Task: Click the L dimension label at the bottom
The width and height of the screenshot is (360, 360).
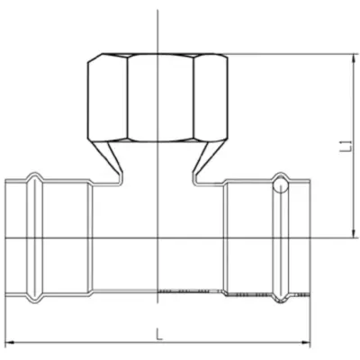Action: tap(159, 334)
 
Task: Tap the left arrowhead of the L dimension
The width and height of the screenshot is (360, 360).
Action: tap(11, 342)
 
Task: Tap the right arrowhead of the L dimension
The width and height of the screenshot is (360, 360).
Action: tap(306, 342)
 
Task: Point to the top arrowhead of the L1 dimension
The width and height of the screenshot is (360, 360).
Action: tap(355, 58)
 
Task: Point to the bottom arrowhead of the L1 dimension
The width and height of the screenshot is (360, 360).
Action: tap(355, 234)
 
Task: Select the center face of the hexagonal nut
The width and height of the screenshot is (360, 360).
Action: tap(160, 97)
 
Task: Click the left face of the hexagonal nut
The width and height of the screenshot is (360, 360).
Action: tap(107, 97)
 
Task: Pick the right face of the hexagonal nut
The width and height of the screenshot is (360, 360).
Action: tap(211, 97)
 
